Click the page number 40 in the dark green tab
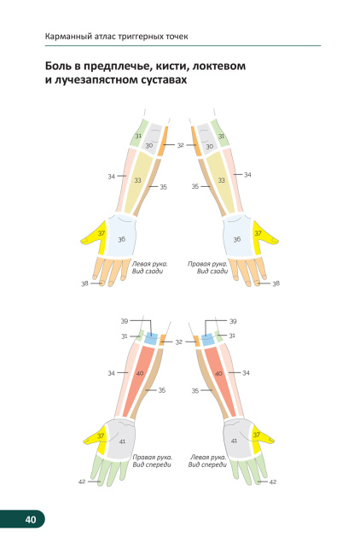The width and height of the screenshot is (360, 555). (x=31, y=519)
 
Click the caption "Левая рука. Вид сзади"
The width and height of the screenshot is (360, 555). (x=149, y=267)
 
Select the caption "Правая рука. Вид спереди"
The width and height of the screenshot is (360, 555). (x=153, y=461)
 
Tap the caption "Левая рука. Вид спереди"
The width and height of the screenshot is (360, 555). (x=207, y=461)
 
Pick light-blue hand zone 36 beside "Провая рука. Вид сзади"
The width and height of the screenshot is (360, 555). (x=238, y=236)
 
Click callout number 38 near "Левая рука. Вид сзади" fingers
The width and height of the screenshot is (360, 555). (x=84, y=283)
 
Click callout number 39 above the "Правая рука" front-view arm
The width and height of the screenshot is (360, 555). (x=125, y=321)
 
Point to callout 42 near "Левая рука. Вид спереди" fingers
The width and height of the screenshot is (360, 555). (x=273, y=482)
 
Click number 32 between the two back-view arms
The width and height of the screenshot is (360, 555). (x=180, y=145)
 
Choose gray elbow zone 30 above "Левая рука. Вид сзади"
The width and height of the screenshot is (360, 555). (x=152, y=138)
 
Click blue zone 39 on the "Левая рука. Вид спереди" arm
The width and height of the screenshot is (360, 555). (x=207, y=339)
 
